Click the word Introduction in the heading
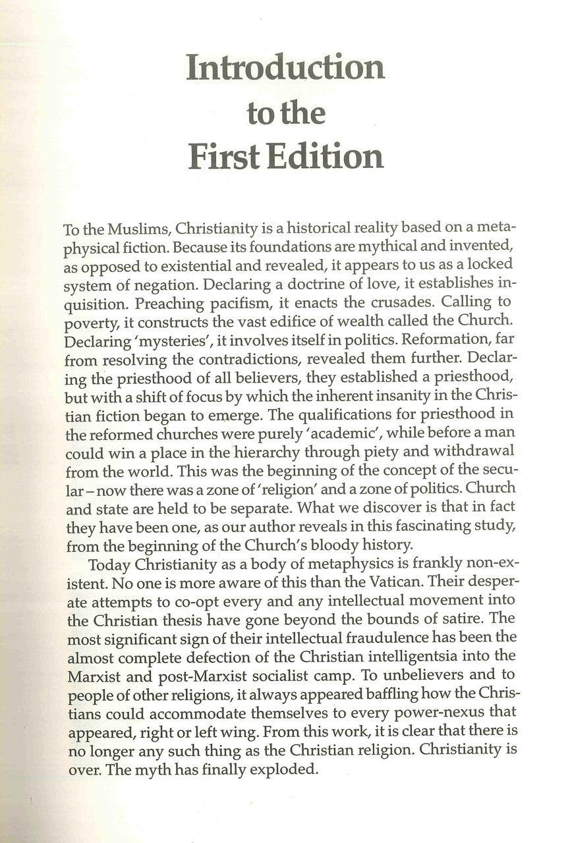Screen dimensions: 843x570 pos(285,68)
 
